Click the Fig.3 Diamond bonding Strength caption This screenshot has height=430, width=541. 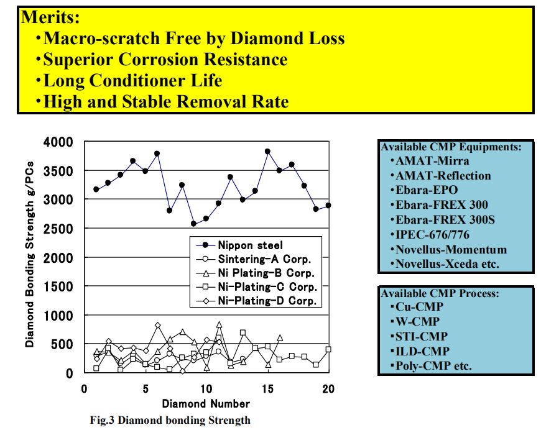pos(170,420)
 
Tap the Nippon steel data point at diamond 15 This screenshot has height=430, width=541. pos(267,151)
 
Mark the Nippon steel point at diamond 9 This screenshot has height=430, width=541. pos(194,223)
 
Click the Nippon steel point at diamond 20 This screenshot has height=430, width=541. pos(328,205)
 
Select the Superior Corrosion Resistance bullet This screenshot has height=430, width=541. pos(165,59)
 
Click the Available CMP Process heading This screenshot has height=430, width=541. pos(440,293)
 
